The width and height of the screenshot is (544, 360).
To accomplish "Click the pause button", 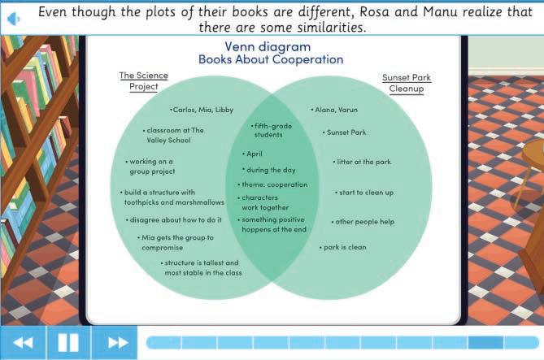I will tap(68, 342).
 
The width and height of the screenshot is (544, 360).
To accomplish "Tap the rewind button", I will tap(23, 342).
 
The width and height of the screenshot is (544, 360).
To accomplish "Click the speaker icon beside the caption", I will tap(14, 19).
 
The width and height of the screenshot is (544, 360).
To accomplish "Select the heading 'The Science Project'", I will tap(144, 81).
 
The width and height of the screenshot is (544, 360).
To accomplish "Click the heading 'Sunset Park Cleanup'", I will tap(406, 84).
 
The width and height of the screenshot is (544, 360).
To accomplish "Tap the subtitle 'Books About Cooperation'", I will tap(272, 59).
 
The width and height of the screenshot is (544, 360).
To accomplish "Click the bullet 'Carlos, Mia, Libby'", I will tap(202, 110).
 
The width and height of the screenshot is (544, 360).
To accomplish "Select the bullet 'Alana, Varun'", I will tap(335, 110).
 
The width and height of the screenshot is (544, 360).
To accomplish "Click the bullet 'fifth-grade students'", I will tap(268, 130).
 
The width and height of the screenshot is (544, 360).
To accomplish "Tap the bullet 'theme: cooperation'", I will tap(275, 184).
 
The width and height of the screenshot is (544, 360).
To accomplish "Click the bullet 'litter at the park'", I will tap(363, 162).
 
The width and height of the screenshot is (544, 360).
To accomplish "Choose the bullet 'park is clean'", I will tap(343, 247).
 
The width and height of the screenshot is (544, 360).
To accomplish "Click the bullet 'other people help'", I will tap(363, 222).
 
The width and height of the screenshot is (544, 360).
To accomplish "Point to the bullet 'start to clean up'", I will tap(366, 193).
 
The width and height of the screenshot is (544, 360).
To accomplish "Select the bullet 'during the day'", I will tap(272, 170).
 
